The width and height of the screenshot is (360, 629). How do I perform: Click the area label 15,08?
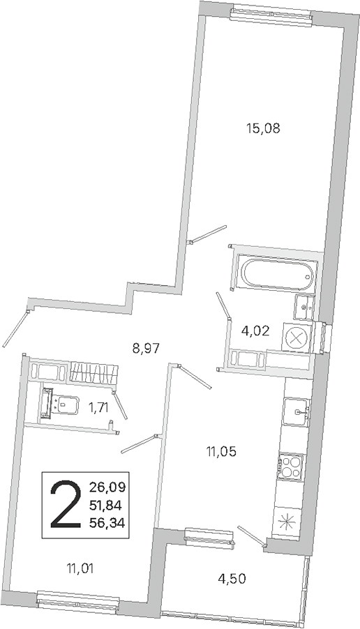(262, 129)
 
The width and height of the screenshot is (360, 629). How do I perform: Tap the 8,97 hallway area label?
(146, 348)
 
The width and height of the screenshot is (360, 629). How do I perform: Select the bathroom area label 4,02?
(255, 332)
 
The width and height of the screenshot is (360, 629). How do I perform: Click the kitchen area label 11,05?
(222, 452)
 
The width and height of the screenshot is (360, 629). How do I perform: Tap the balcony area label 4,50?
(231, 579)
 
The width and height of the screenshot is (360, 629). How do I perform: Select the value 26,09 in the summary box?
(107, 488)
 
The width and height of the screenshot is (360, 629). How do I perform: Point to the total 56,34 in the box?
(107, 522)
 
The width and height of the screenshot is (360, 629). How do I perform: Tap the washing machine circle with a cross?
(297, 337)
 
